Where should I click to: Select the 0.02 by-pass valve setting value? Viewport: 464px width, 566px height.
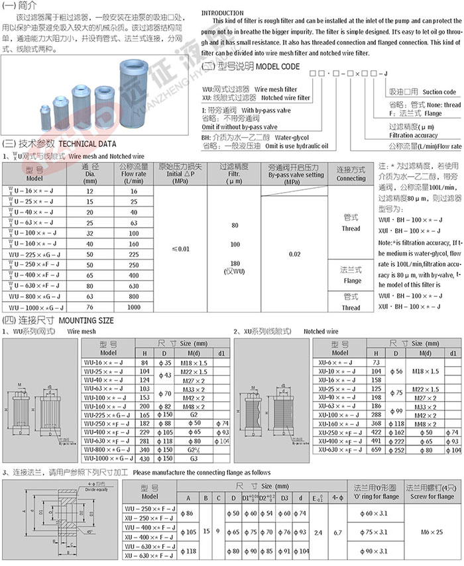(295, 253)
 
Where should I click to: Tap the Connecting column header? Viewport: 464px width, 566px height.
(351, 174)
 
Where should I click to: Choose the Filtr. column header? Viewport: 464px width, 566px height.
(234, 174)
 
